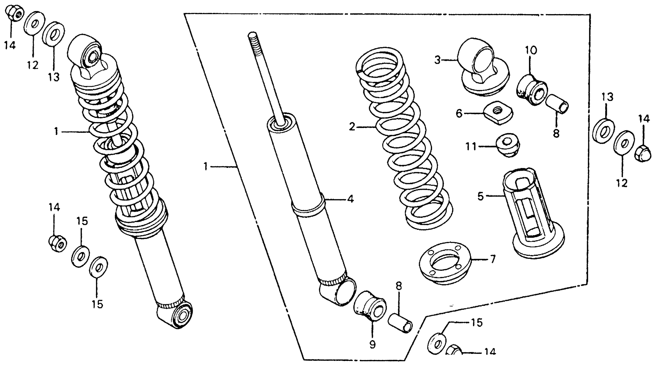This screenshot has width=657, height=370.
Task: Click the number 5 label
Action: tap(480, 197)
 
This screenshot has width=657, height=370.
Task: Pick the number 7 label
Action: tap(493, 259)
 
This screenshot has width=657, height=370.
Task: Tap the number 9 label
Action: tap(373, 345)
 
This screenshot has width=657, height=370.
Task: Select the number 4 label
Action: tap(351, 199)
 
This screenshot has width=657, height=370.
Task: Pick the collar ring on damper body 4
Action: tap(308, 207)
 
